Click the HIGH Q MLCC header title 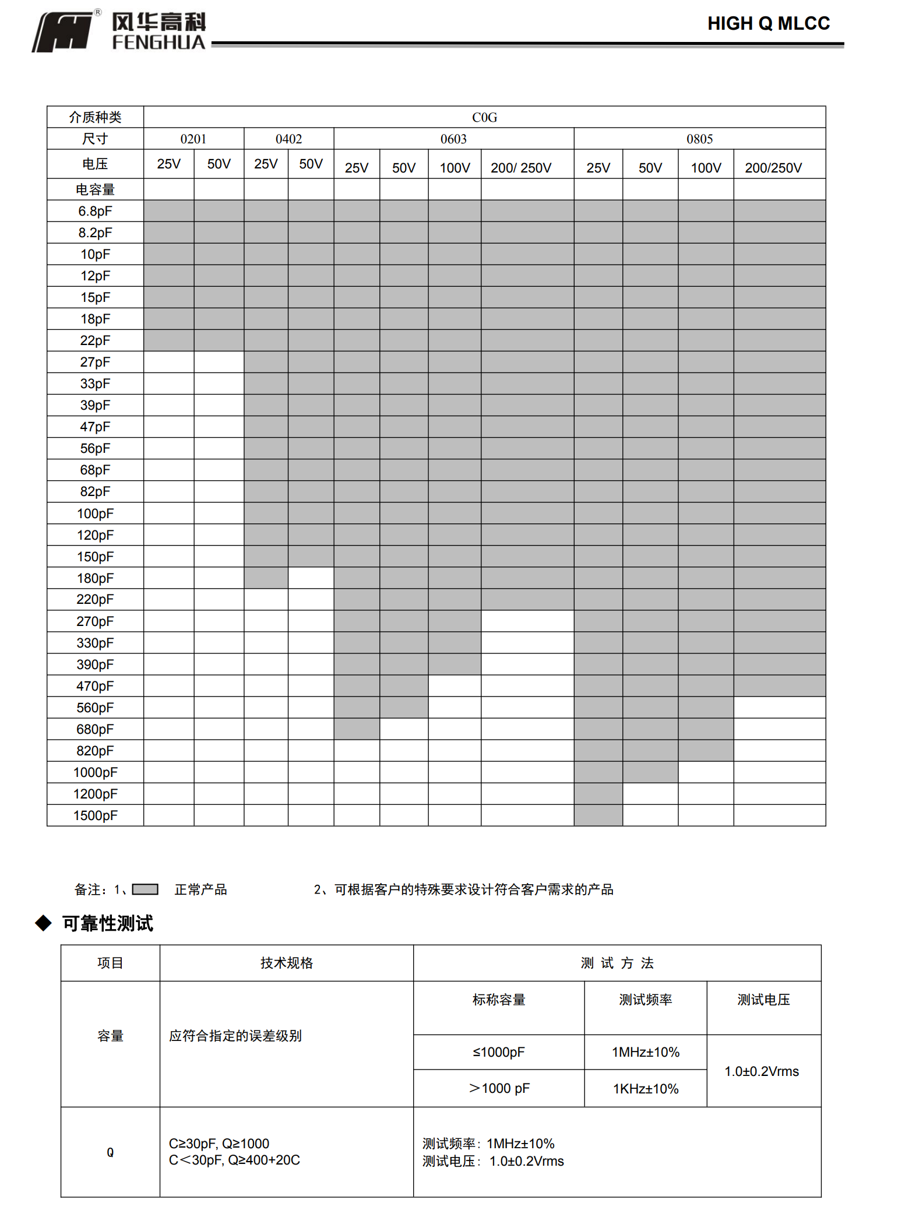(768, 23)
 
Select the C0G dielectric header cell (484, 117)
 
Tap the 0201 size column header (193, 139)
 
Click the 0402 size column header (288, 139)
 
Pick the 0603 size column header (453, 139)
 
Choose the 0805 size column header (699, 139)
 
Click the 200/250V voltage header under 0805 (773, 168)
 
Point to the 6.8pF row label (95, 211)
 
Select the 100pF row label (95, 513)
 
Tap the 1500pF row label (95, 815)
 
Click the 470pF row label (95, 686)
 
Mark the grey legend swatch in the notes (145, 889)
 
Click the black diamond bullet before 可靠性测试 (44, 923)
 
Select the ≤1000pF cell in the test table (499, 1052)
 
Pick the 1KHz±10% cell (646, 1089)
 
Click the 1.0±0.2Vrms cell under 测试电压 (762, 1071)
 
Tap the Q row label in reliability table (110, 1152)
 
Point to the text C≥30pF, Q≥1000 (219, 1144)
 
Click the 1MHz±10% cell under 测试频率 (646, 1052)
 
